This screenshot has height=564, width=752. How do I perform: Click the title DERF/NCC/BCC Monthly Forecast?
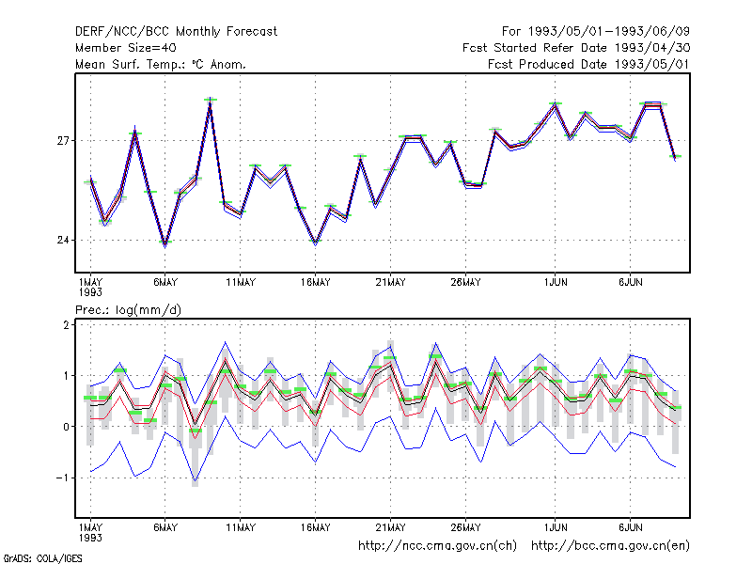point(176,32)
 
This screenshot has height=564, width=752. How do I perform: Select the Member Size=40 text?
point(126,48)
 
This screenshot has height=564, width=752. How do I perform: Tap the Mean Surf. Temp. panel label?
point(161,64)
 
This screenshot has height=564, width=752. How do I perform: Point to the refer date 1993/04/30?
point(652,48)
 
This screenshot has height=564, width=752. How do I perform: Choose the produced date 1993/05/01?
point(652,64)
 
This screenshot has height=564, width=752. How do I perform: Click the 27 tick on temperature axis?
point(63,141)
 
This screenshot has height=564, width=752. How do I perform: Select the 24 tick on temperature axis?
point(63,240)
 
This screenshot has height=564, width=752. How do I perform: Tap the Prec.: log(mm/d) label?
point(128,310)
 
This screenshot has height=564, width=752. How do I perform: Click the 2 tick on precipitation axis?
point(66,325)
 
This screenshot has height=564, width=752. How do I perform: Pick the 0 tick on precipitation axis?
point(66,427)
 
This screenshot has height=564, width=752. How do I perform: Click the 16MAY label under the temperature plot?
point(316,283)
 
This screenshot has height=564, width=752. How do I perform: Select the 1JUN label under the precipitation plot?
point(556,527)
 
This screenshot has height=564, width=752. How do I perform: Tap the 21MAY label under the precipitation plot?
point(390,527)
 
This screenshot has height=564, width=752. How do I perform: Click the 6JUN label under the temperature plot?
point(630,283)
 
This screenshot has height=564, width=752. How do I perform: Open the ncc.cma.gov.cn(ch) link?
point(438,546)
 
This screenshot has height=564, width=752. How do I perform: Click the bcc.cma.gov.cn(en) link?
point(610,546)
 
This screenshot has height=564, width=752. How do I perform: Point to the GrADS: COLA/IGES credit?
point(42,558)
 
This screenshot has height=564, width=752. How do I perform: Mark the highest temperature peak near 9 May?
point(210,100)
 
